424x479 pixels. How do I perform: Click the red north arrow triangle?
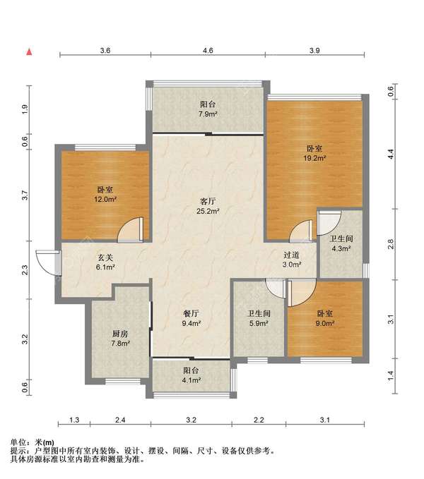click(x=30, y=52)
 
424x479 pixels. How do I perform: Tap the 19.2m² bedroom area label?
click(x=314, y=153)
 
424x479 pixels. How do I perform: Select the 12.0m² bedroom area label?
click(x=105, y=195)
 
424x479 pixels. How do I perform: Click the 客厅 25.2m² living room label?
click(x=208, y=206)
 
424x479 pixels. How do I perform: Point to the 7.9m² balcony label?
click(x=208, y=109)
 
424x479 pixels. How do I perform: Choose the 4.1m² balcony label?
click(x=192, y=375)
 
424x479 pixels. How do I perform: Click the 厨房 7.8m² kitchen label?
click(x=120, y=339)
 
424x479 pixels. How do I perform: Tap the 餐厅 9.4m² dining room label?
click(x=192, y=318)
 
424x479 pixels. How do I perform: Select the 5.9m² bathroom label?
click(x=259, y=318)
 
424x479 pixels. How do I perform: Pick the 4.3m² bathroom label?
click(x=341, y=243)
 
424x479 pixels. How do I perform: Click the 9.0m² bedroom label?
click(x=324, y=318)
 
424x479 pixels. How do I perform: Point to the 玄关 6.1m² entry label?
click(x=105, y=262)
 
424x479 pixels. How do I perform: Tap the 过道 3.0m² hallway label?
click(x=292, y=260)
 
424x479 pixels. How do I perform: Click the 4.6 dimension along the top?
click(x=208, y=50)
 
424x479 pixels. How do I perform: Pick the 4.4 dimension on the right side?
click(x=391, y=154)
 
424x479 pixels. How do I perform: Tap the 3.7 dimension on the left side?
click(x=25, y=195)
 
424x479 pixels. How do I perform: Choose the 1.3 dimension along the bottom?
click(x=74, y=420)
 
